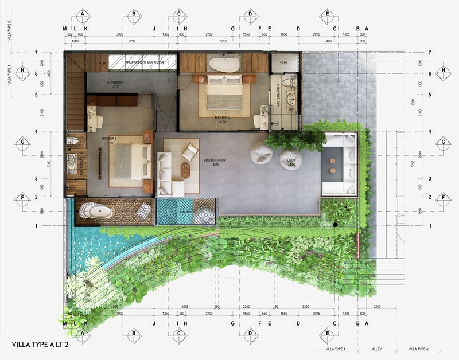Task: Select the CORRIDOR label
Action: [x=115, y=83]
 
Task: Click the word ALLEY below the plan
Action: [x=376, y=349]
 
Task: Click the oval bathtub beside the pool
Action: [x=98, y=211]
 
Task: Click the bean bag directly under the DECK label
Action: [x=291, y=159]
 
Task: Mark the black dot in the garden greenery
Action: [x=333, y=225]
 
